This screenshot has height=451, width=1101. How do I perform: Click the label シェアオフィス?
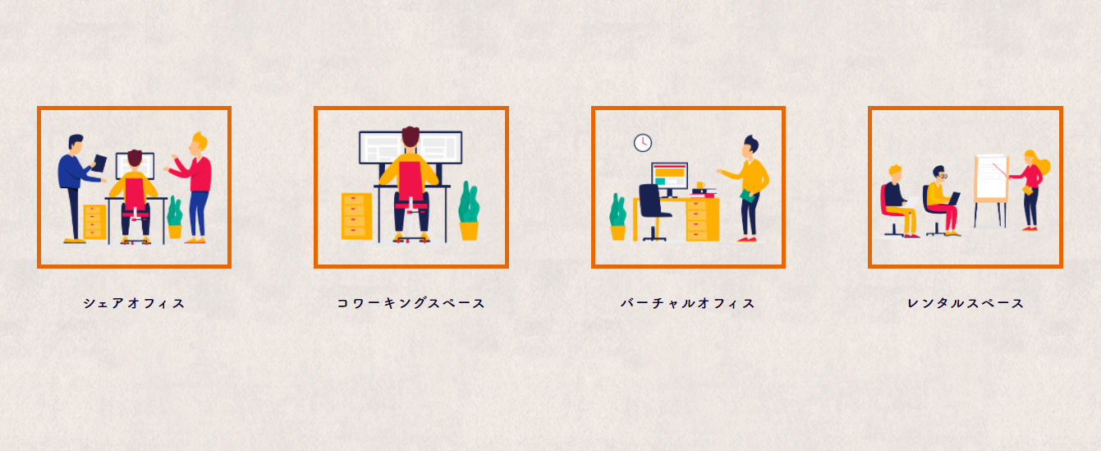[x=134, y=303]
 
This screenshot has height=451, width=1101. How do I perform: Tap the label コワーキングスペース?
[x=411, y=303]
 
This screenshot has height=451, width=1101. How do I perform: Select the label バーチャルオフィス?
[x=688, y=303]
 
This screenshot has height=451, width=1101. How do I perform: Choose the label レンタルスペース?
[x=966, y=303]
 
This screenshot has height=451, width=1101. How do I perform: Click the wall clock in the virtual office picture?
[x=643, y=143]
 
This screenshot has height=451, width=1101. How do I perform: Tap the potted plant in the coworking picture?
[x=469, y=211]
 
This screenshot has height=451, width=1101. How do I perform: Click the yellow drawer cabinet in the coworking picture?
[x=357, y=216]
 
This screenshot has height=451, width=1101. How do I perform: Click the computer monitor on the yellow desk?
[x=669, y=179]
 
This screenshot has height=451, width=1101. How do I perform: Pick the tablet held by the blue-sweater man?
[x=99, y=163]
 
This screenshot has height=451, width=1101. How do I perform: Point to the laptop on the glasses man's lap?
[x=954, y=199]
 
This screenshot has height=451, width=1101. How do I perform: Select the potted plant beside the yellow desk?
[x=618, y=217]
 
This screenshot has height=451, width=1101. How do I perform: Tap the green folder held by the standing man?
[x=747, y=196]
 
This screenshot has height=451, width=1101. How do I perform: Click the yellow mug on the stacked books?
[x=700, y=186]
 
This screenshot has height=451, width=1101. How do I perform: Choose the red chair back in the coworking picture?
[x=411, y=182]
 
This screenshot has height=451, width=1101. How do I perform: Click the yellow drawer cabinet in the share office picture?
[x=95, y=223]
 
